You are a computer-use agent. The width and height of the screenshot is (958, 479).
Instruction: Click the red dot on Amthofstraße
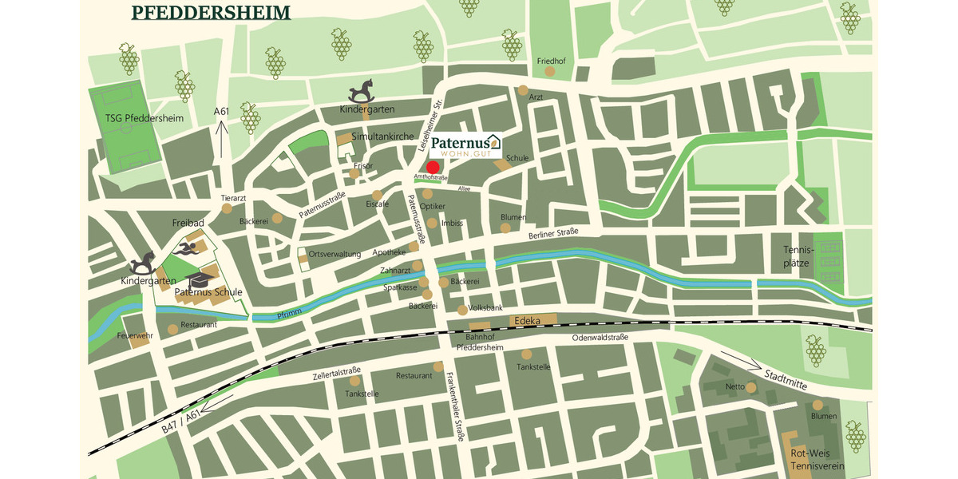(x=433, y=167)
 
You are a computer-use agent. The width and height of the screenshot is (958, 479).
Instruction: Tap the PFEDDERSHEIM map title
(x=211, y=13)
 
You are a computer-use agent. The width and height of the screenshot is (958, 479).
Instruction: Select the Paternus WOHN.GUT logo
(x=465, y=145)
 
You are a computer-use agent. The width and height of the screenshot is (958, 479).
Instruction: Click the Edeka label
(x=529, y=321)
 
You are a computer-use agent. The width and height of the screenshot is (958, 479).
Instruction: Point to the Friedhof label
(x=551, y=61)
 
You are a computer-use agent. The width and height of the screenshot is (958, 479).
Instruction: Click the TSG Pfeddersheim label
(x=144, y=119)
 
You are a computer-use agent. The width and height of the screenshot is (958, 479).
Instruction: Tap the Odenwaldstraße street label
(x=600, y=338)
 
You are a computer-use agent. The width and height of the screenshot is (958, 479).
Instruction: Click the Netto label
(x=734, y=387)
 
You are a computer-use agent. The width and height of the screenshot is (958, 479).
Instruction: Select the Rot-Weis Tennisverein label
(x=812, y=459)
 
